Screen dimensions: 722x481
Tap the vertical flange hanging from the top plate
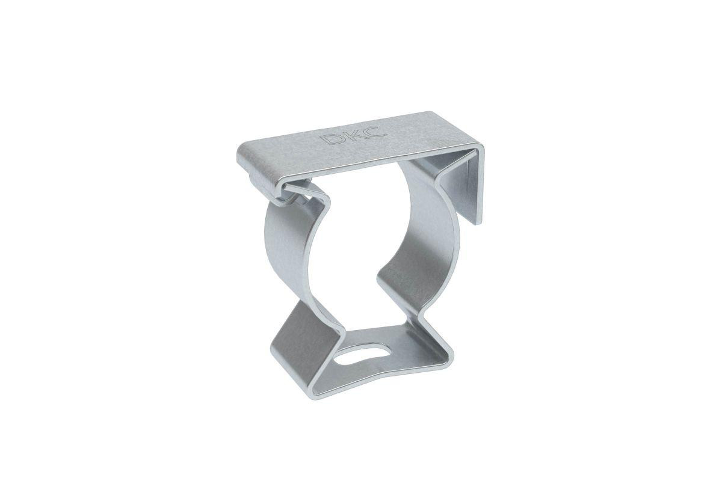coord(464,190)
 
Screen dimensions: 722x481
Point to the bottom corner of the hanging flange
coord(477,224)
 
